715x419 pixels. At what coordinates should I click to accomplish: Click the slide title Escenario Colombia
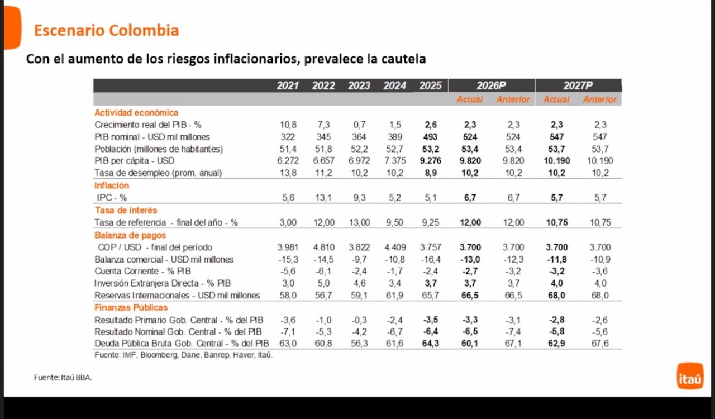point(106,30)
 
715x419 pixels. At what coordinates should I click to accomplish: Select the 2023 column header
point(359,85)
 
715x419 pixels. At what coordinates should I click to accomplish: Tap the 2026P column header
point(491,85)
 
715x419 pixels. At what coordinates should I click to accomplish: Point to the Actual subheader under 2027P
point(556,99)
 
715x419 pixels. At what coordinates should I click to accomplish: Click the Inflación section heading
point(112,185)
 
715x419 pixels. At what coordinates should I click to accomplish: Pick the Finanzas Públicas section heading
point(131,307)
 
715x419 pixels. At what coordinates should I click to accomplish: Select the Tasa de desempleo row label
point(158,173)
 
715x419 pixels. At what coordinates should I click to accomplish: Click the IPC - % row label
point(112,197)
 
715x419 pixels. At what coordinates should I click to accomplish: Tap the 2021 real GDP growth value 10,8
point(288,125)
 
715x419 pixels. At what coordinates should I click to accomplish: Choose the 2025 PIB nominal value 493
point(430,137)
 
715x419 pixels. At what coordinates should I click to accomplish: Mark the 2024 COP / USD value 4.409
point(395,247)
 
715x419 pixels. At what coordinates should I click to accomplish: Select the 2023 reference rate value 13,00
point(359,222)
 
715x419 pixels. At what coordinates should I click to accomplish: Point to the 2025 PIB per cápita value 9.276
point(430,161)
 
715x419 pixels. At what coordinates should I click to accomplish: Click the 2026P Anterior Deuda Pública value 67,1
point(513,343)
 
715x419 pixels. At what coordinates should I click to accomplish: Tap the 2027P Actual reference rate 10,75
point(556,222)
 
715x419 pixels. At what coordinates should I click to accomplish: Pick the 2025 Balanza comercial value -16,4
point(430,259)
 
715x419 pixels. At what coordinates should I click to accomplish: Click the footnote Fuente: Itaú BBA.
point(63,378)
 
